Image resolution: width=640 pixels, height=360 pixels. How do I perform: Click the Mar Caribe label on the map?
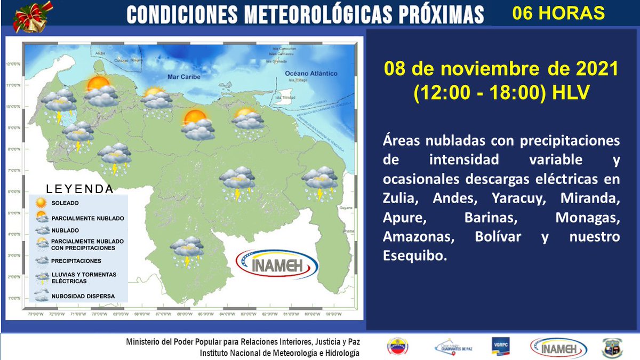(183, 77)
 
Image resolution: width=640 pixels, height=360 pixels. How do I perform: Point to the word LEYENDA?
(80, 189)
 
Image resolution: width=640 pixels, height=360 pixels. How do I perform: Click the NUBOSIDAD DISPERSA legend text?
(83, 296)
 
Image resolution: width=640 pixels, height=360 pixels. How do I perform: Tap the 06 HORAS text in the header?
(558, 13)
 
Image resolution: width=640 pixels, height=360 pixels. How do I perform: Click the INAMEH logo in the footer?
(558, 348)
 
